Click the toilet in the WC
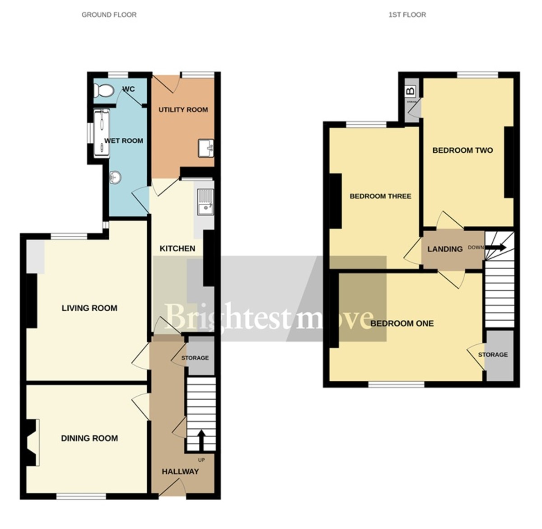[103, 91]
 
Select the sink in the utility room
[206, 148]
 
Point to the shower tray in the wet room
[102, 133]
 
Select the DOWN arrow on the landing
[495, 248]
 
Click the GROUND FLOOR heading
[109, 14]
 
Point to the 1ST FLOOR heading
[407, 14]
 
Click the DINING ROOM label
[89, 438]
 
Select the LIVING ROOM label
[89, 308]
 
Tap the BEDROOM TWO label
[463, 150]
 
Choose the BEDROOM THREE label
[380, 196]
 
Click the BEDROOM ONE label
[402, 323]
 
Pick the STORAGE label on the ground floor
[195, 358]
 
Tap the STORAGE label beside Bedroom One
[493, 355]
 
